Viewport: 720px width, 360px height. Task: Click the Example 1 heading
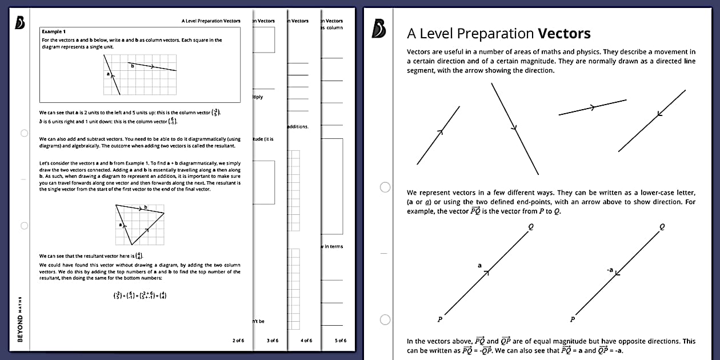click(x=54, y=31)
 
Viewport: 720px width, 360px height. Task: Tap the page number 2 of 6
click(x=238, y=341)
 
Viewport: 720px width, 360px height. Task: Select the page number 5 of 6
click(x=341, y=341)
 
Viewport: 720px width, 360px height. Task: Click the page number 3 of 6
click(x=273, y=341)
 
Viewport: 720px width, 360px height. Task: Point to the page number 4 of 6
click(x=306, y=341)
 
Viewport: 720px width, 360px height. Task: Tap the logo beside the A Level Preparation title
click(x=378, y=29)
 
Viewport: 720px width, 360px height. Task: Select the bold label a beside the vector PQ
click(x=479, y=265)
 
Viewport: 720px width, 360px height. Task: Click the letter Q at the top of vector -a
click(x=662, y=226)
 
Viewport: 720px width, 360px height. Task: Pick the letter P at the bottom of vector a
click(x=439, y=319)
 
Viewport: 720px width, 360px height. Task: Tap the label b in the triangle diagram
click(x=145, y=207)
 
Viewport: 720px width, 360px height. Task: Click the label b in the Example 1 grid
click(x=133, y=66)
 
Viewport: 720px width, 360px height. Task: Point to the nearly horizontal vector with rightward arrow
click(x=593, y=107)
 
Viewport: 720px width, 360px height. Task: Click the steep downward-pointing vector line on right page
click(x=515, y=128)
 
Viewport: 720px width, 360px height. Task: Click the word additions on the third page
click(x=297, y=126)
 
